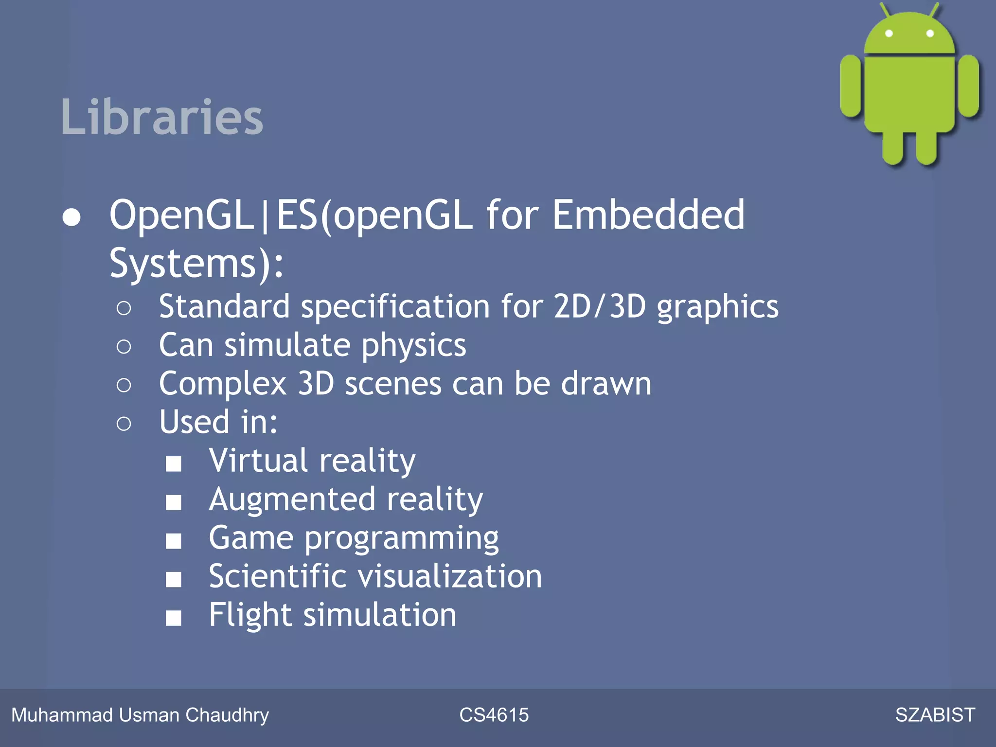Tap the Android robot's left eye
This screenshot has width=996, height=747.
coord(889,33)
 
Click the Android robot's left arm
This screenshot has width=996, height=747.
coord(851,86)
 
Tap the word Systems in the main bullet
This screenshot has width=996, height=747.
coord(183,263)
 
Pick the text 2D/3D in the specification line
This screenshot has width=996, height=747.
coord(600,306)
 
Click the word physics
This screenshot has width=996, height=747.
coord(414,346)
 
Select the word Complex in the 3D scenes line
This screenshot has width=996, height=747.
coord(223,384)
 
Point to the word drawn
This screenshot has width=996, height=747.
coord(606,384)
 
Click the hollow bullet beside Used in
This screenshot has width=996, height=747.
coord(124,424)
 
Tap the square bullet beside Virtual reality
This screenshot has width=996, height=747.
coord(174,463)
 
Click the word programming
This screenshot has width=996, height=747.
coord(402,539)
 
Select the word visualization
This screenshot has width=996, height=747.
coord(450,576)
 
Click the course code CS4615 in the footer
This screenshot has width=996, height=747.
coord(494,715)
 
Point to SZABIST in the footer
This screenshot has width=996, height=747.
coord(935,715)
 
